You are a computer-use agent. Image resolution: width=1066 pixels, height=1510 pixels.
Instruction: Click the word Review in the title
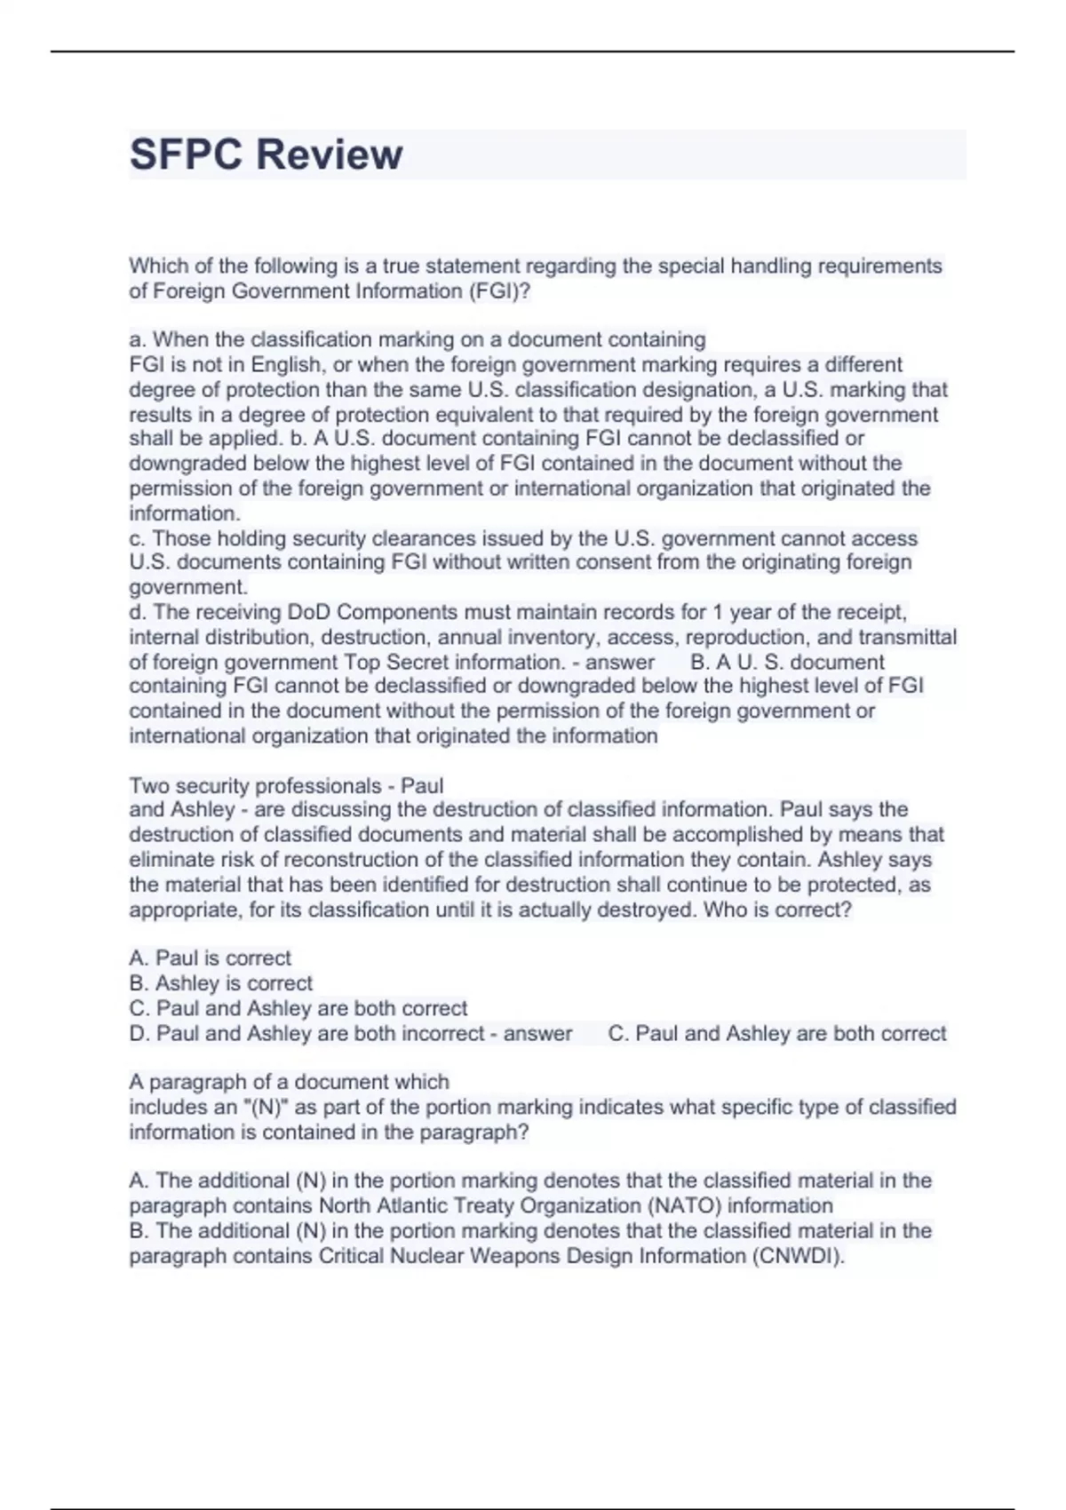coord(329,155)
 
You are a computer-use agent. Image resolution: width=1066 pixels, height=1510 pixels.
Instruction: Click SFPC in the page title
coord(186,155)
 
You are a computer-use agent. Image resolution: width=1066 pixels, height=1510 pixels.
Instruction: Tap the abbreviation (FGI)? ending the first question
coord(500,290)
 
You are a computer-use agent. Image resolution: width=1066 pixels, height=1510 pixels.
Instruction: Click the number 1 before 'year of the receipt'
coord(720,612)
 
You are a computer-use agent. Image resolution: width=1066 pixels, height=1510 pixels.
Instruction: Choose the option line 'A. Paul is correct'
coord(210,958)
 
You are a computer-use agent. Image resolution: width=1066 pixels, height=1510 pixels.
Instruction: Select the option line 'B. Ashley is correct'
coord(220,982)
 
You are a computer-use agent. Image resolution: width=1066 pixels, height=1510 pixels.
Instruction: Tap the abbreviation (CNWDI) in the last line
coord(797,1256)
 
